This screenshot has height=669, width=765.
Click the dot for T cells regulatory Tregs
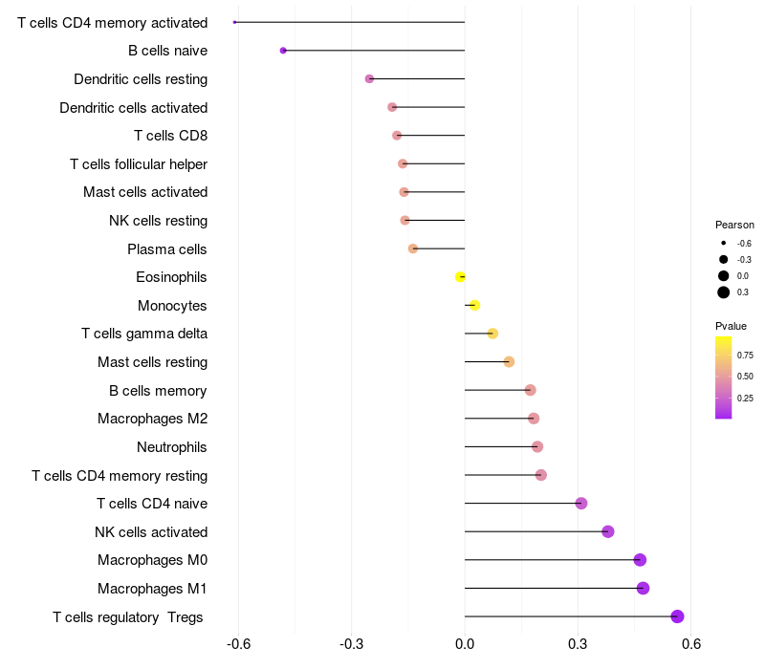[678, 616]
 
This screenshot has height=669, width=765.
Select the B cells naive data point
[283, 51]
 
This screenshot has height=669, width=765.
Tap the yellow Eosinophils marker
[461, 277]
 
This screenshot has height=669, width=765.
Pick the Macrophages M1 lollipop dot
[644, 588]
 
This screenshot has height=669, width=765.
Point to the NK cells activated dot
[608, 531]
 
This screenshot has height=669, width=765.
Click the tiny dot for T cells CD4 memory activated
[235, 22]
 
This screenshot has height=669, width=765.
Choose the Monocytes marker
[474, 306]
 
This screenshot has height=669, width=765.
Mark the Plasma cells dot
[413, 248]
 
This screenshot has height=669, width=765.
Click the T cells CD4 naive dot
[581, 504]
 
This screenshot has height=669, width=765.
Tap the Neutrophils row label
[172, 447]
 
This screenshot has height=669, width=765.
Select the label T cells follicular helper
[139, 164]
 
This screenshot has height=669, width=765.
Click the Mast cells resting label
[152, 362]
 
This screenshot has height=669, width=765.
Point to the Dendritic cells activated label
[133, 108]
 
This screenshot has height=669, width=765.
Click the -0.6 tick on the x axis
[239, 644]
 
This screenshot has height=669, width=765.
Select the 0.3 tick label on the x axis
[578, 644]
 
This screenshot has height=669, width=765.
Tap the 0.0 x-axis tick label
[465, 644]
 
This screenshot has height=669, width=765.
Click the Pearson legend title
[734, 225]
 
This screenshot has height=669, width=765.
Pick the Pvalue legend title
[732, 326]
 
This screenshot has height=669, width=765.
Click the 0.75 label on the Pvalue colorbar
[745, 355]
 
